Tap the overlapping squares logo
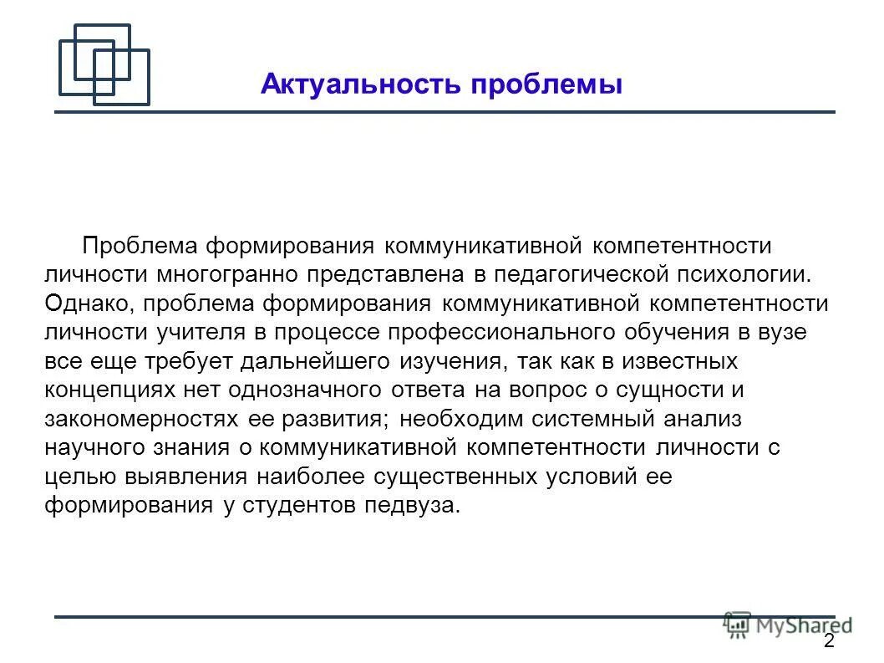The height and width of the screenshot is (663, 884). (104, 64)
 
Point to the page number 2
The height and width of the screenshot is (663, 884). (828, 641)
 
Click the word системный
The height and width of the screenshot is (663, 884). (582, 419)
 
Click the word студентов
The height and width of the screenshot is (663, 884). (297, 506)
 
